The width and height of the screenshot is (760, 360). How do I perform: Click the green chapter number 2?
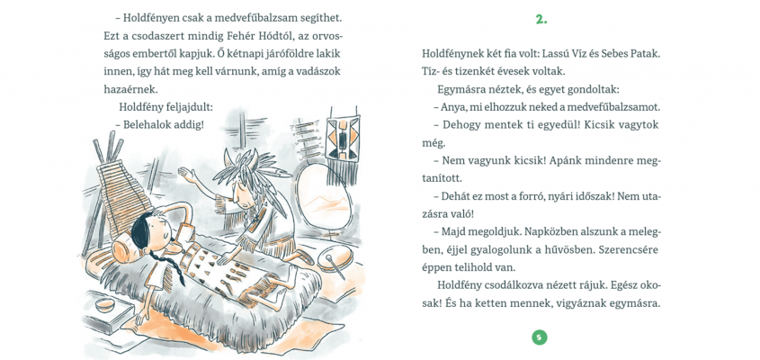pyautogui.click(x=541, y=19)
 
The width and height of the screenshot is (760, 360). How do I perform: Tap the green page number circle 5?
pyautogui.click(x=540, y=337)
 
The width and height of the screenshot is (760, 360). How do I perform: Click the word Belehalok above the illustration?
pyautogui.click(x=148, y=125)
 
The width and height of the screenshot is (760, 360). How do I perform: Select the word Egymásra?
pyautogui.click(x=462, y=89)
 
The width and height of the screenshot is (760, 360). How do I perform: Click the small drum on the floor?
pyautogui.click(x=336, y=258)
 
